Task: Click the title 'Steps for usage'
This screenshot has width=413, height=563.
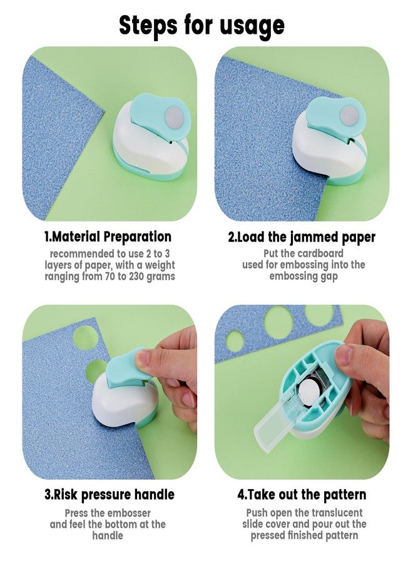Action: (x=201, y=26)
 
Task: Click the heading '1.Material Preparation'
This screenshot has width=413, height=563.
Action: (x=108, y=237)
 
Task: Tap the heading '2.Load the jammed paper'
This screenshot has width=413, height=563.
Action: (x=302, y=237)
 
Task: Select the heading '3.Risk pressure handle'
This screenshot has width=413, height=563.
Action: (x=109, y=494)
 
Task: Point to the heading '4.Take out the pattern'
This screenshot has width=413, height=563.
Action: (x=302, y=494)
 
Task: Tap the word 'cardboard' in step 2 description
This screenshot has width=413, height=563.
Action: (x=320, y=253)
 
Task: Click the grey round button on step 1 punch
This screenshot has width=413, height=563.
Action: (x=174, y=117)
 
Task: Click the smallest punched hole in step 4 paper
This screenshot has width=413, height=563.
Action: (x=235, y=342)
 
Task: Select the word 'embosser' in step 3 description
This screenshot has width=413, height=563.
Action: (x=128, y=513)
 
